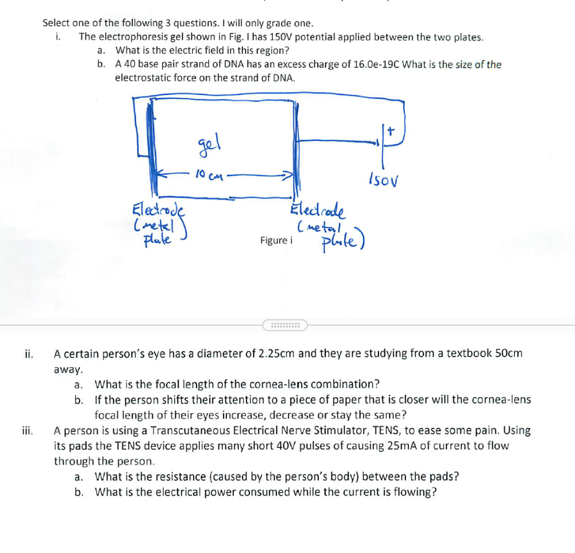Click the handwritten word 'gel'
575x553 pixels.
pyautogui.click(x=208, y=149)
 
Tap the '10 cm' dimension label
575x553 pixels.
pyautogui.click(x=207, y=175)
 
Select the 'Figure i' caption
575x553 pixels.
pyautogui.click(x=276, y=240)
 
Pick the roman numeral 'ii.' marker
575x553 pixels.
pyautogui.click(x=29, y=354)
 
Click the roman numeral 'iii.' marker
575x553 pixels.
pyautogui.click(x=27, y=431)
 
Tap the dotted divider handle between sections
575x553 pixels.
pyautogui.click(x=285, y=325)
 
